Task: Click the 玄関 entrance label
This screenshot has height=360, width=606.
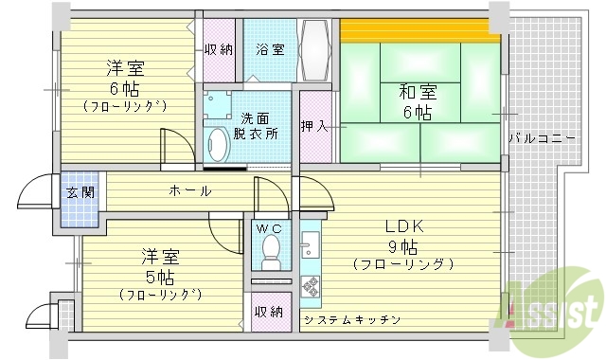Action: click(78, 192)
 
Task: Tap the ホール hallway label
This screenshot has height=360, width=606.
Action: click(189, 191)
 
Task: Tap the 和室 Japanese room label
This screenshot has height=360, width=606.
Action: click(417, 93)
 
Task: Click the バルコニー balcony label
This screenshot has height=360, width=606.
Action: click(543, 139)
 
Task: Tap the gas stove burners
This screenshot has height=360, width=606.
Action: click(310, 287)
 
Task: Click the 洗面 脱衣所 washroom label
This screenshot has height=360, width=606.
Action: click(257, 126)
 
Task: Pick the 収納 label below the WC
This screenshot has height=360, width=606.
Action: click(268, 312)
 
